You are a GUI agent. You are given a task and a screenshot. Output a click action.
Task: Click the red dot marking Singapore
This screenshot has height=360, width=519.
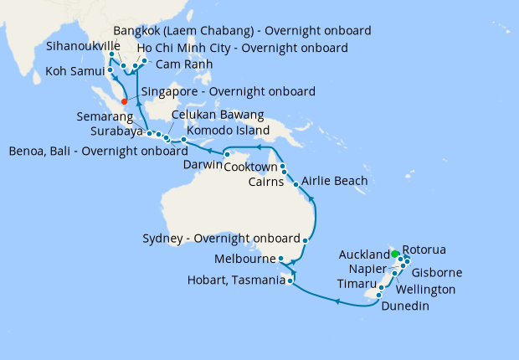pyautogui.click(x=125, y=101)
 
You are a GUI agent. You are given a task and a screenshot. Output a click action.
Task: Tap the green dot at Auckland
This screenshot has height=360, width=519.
pyautogui.click(x=395, y=253)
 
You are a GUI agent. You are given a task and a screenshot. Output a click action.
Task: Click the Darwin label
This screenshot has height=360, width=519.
pyautogui.click(x=203, y=166)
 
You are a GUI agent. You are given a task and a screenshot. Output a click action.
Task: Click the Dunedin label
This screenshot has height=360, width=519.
pyautogui.click(x=407, y=306)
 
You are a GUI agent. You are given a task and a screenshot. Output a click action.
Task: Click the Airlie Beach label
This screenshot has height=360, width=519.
pyautogui.click(x=333, y=181)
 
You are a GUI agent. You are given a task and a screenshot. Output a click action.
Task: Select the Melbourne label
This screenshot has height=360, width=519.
pyautogui.click(x=244, y=259)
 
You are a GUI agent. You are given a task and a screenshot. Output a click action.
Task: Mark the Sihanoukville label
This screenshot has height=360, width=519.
pyautogui.click(x=82, y=47)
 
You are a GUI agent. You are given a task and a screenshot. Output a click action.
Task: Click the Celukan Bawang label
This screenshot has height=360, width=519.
pyautogui.click(x=218, y=115)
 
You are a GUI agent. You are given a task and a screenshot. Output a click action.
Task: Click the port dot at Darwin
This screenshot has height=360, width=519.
pyautogui.click(x=227, y=154)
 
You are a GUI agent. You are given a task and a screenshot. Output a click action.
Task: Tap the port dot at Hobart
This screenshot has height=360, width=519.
pyautogui.click(x=290, y=281)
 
